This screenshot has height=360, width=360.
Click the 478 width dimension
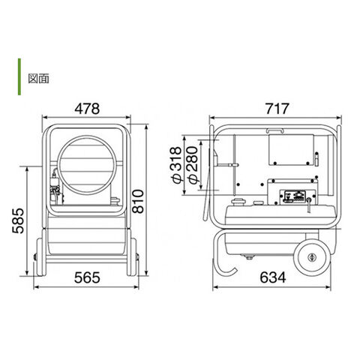pos(87,109)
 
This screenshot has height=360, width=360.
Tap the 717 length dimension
pos(277,109)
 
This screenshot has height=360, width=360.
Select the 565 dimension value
pos(87,277)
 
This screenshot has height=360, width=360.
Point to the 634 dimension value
pos(273,277)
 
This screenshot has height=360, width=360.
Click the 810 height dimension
pos(138,202)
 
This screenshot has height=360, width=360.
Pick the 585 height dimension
pos(18,221)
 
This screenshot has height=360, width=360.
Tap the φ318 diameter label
pos(177,165)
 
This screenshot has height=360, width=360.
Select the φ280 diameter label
pos(192,165)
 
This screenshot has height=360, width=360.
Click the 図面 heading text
pos(38,79)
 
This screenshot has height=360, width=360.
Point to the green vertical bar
pos(19,76)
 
